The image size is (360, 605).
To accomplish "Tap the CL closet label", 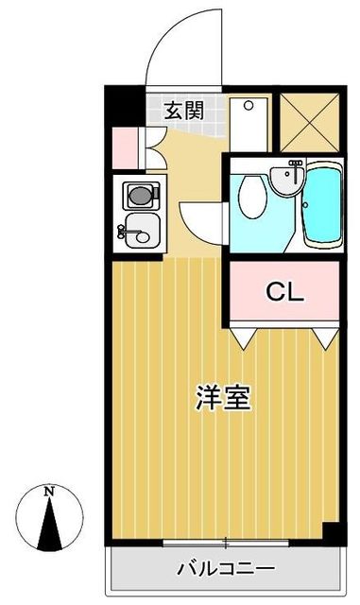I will point(284,291).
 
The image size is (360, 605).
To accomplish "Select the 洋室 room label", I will point(224,398).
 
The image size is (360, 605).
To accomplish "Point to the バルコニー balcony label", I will point(226,569).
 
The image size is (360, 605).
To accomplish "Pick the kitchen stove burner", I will point(140,197).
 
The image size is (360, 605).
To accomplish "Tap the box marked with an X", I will point(312,122).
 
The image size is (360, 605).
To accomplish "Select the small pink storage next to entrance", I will point(124,144).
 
